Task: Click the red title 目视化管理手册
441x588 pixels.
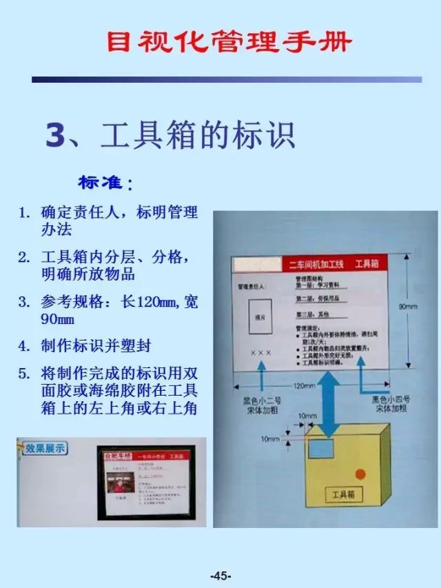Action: (229, 42)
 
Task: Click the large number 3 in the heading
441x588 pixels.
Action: (54, 135)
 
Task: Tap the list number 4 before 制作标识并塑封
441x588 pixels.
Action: (23, 345)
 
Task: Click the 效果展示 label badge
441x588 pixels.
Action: (45, 448)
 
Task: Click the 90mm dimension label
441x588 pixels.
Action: (408, 307)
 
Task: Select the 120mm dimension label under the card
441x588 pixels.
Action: (304, 386)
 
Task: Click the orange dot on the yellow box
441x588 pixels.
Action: (360, 474)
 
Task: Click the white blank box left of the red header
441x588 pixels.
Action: (256, 264)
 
